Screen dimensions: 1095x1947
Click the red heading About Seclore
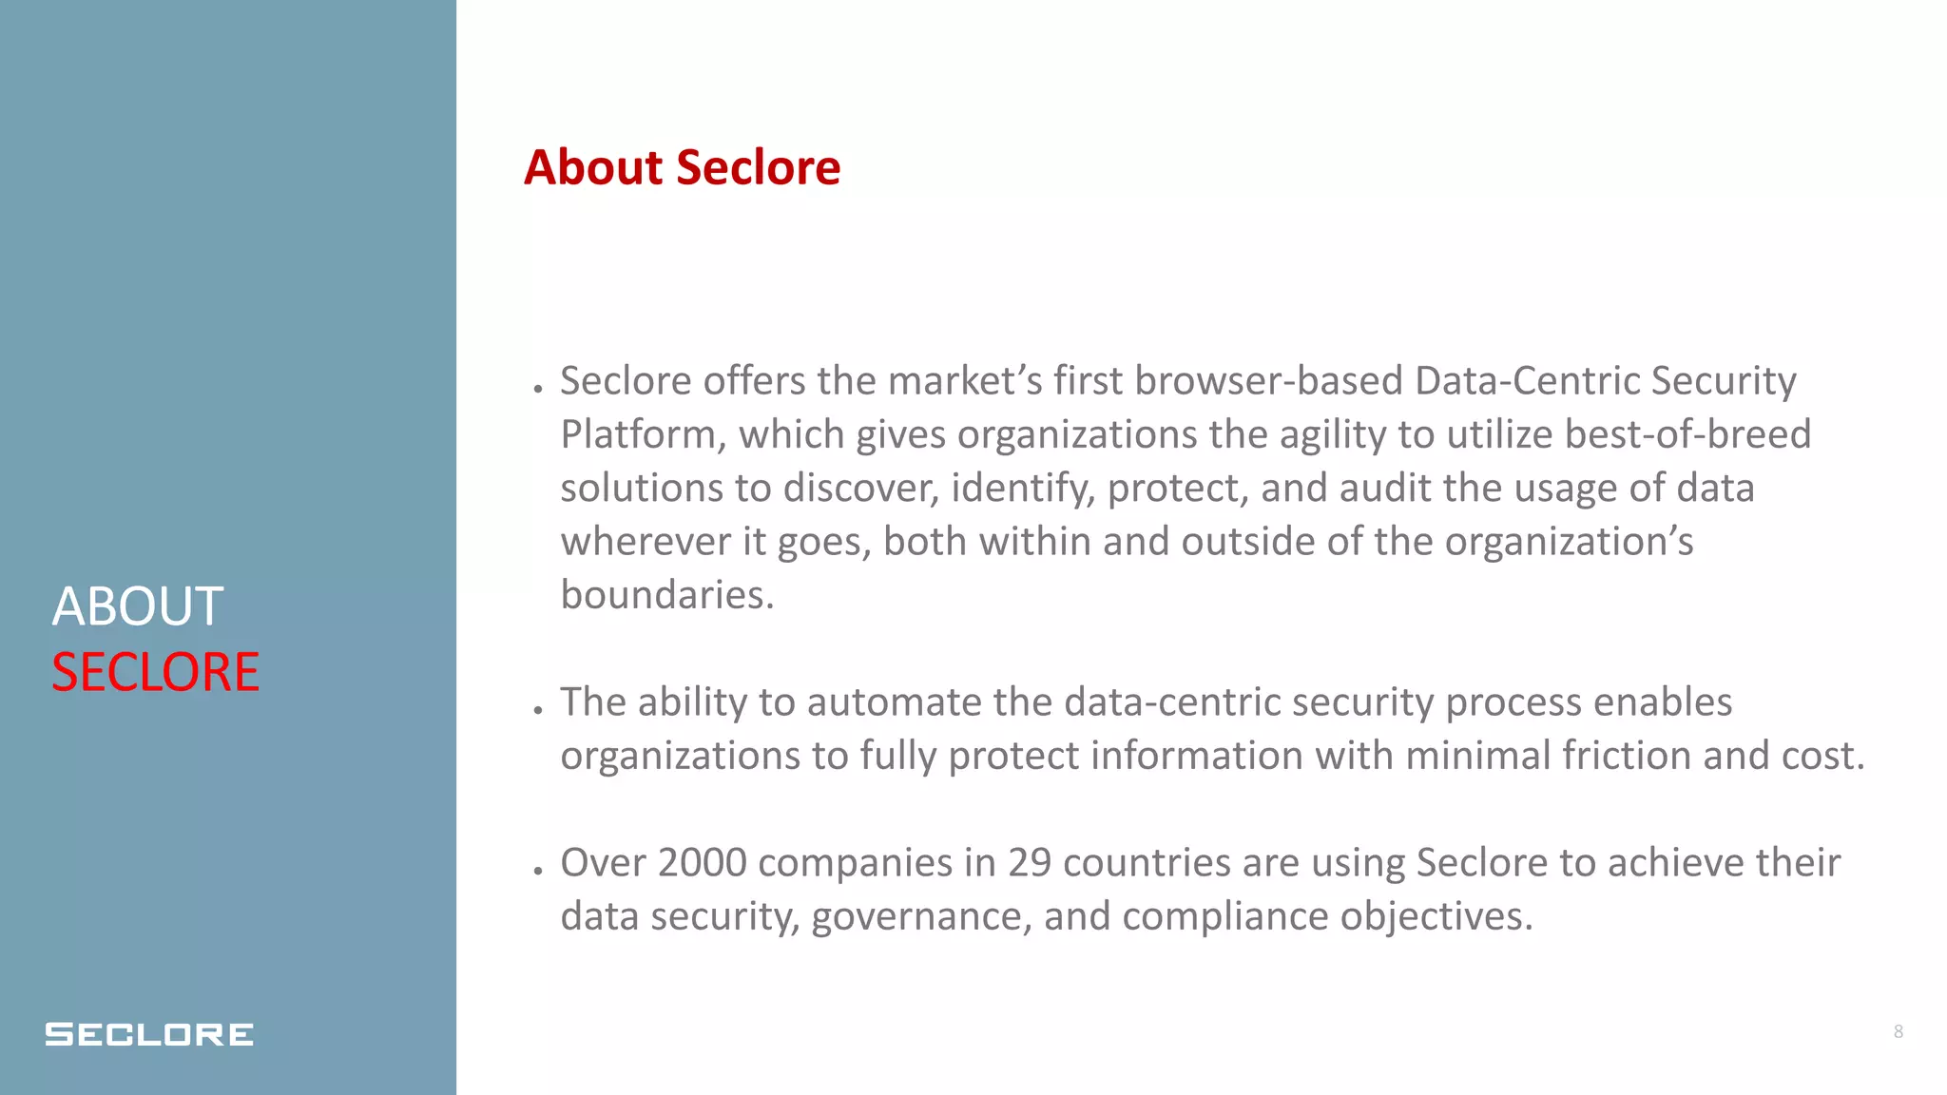pyautogui.click(x=682, y=167)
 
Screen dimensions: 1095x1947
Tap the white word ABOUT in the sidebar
pyautogui.click(x=138, y=606)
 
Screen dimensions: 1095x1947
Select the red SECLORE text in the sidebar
pyautogui.click(x=155, y=672)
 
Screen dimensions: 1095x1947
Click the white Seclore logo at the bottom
pyautogui.click(x=149, y=1034)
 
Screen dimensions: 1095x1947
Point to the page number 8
pyautogui.click(x=1898, y=1031)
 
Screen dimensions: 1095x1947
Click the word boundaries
pyautogui.click(x=666, y=595)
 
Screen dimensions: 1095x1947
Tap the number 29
pyautogui.click(x=1030, y=863)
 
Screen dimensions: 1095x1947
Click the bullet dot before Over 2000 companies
pyautogui.click(x=538, y=870)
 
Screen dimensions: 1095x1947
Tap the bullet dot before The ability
pyautogui.click(x=538, y=709)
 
